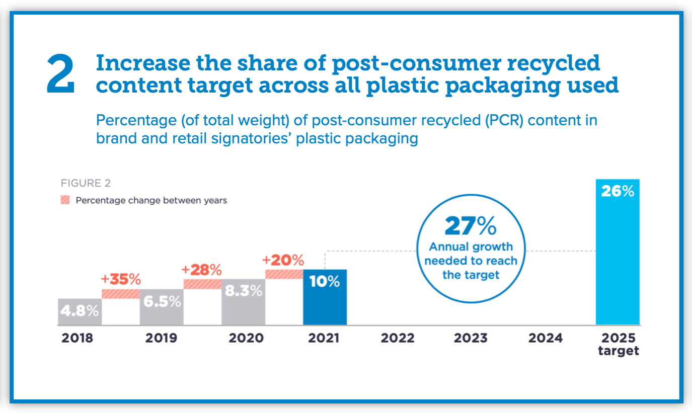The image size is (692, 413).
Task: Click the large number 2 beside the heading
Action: pos(61,75)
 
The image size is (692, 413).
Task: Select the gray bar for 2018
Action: pos(80,312)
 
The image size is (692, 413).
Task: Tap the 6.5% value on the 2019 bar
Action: pos(162,301)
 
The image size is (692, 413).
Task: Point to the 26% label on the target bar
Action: pos(618,191)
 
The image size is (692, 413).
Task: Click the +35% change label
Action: pos(121,279)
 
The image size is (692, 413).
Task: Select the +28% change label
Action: pos(202,270)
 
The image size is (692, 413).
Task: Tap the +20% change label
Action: pos(283,260)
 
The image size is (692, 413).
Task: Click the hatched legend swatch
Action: pos(65,200)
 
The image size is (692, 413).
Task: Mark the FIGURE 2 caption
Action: pos(86,183)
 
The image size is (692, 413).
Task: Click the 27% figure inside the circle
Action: pos(471,226)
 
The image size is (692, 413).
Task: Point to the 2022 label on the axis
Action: pos(398,338)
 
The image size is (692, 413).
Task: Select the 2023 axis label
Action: pos(471,338)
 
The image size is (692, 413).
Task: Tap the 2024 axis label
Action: pos(545,338)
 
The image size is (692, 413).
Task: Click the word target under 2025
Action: pos(619,351)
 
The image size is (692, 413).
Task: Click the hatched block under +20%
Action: pos(284,274)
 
